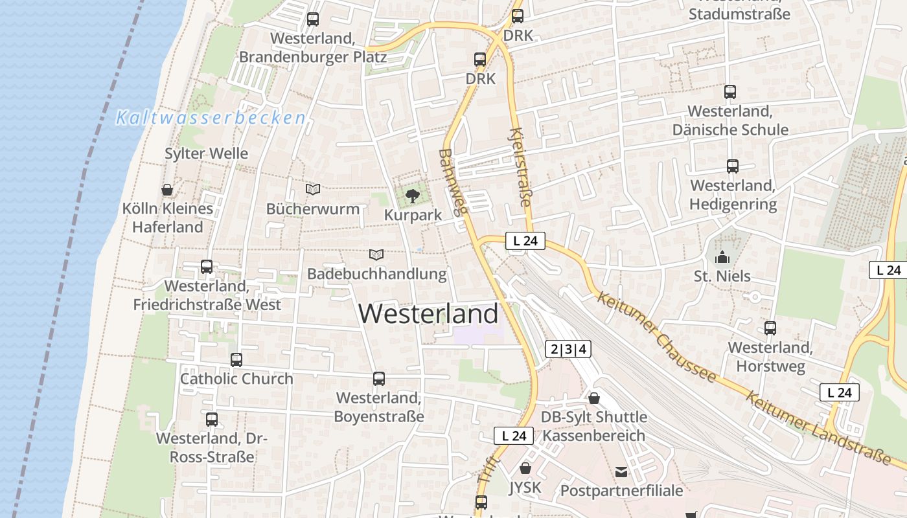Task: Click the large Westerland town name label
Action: point(428,314)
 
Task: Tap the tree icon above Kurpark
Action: point(412,195)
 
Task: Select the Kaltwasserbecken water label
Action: point(211,118)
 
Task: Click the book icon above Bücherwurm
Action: point(313,189)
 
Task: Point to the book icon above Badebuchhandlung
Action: point(376,254)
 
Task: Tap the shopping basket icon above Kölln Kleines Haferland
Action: point(167,190)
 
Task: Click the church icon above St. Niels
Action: point(722,258)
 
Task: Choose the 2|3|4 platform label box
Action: point(568,350)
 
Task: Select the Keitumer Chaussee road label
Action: point(656,337)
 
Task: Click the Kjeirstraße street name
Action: point(520,167)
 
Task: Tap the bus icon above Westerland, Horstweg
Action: point(770,328)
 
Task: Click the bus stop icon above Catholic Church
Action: point(236,360)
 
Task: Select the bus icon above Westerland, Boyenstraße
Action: point(379,379)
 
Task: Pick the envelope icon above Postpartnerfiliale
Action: point(622,471)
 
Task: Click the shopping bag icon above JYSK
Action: point(525,468)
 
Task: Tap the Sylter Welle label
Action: point(207,153)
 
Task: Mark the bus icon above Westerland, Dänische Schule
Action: point(730,92)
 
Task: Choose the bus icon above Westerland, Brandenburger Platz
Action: point(313,19)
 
